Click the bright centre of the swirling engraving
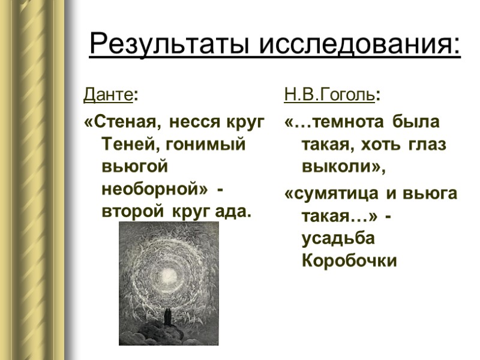(x=166, y=272)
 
